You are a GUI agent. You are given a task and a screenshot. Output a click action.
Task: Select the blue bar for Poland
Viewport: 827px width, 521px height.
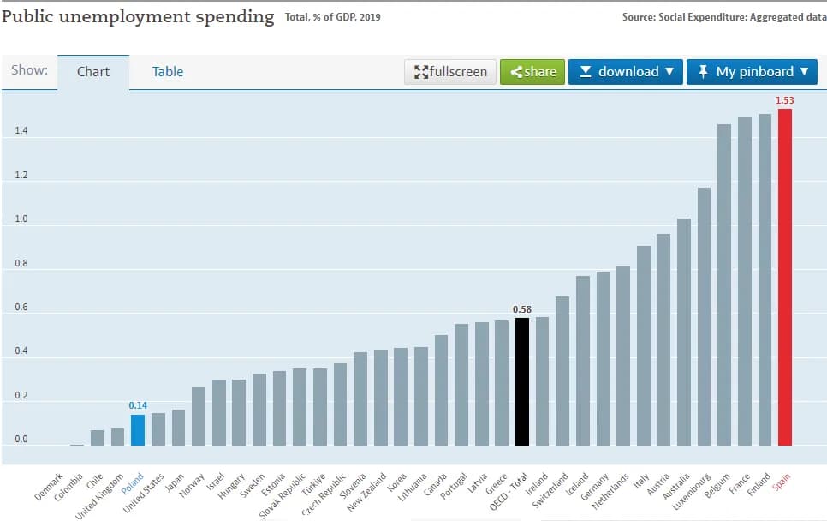point(137,429)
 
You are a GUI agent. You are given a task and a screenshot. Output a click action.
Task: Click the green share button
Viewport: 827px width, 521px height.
point(532,72)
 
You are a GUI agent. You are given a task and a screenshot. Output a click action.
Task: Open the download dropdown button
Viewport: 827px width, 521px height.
point(626,72)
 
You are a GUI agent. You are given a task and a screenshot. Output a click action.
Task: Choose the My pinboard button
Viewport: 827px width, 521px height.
point(752,72)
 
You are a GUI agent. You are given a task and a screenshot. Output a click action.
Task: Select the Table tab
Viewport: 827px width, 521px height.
point(168,72)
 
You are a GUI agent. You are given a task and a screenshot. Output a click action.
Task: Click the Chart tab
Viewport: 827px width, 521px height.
point(93,72)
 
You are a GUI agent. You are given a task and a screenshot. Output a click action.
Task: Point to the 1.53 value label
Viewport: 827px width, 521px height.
point(784,101)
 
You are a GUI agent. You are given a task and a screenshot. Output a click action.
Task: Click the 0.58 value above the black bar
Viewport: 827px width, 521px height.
point(522,309)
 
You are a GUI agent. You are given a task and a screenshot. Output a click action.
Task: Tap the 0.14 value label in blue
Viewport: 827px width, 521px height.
point(138,405)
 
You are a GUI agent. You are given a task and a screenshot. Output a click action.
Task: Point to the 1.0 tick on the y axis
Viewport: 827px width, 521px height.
point(21,219)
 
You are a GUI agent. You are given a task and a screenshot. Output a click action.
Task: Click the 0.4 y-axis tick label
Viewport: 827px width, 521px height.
point(21,351)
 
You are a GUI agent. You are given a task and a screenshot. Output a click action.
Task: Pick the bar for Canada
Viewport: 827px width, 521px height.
point(441,390)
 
